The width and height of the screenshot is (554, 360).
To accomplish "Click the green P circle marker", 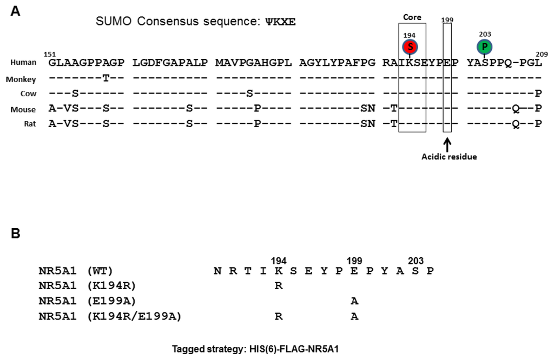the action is coord(485,46).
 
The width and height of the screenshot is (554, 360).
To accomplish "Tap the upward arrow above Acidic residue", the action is coord(447,144).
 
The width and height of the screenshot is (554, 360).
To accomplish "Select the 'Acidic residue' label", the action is coord(449,157).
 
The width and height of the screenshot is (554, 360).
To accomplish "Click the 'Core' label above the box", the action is coord(412,17).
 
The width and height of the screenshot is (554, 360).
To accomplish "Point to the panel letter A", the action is coord(16,11).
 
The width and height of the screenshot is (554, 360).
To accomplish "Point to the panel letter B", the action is coord(16,233).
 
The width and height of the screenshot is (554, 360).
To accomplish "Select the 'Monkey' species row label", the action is coord(21,79).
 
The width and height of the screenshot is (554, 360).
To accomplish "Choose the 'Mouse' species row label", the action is coord(23,109).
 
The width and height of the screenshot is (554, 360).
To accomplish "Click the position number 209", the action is coord(541,54).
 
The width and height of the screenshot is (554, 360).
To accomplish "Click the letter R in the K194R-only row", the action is coord(279,286).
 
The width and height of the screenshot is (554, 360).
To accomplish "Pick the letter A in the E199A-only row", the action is coord(354,301).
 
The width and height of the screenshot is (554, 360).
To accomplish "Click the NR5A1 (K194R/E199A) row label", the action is coord(110,317).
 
